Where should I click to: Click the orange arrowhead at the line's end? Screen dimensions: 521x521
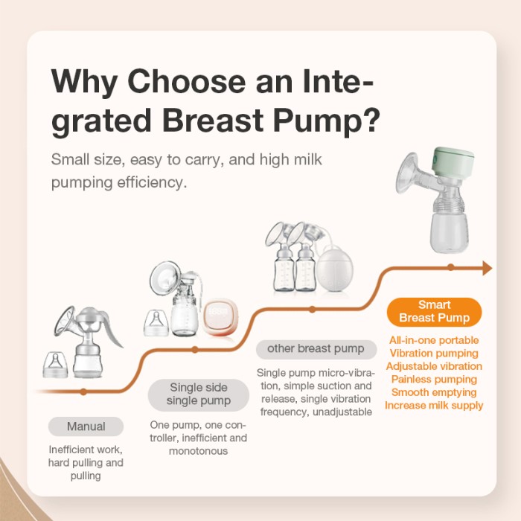488,268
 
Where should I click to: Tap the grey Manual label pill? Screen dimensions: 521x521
86,426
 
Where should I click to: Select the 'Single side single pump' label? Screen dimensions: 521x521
199,394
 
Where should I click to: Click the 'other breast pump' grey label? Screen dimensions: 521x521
316,349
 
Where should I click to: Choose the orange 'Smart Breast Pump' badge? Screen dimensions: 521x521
434,311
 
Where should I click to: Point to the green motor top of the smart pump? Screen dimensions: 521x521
453,164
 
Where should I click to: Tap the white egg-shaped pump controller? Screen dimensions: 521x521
334,269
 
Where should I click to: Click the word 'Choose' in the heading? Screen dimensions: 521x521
186,81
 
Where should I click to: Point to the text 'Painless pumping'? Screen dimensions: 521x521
434,379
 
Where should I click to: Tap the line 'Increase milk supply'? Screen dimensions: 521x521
434,406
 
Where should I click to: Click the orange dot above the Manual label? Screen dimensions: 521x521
83,392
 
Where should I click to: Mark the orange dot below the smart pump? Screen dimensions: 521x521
450,267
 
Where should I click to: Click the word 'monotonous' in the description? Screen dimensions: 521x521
199,451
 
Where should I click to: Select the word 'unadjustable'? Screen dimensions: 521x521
342,412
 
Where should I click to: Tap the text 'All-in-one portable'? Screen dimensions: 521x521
434,340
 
